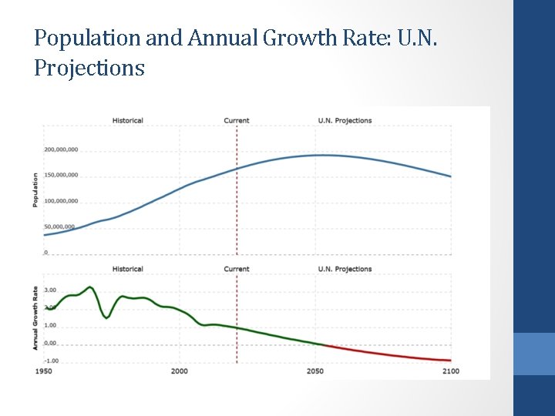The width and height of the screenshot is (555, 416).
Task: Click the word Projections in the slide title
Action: point(89,68)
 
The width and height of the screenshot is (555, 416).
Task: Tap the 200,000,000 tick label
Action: point(61,149)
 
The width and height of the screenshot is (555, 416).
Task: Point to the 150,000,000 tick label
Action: point(61,175)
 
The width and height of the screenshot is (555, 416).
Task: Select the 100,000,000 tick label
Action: point(61,201)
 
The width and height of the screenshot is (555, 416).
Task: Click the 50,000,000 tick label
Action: point(59,226)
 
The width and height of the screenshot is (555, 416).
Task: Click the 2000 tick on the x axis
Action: point(179,371)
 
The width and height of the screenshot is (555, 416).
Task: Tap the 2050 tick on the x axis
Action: point(314,371)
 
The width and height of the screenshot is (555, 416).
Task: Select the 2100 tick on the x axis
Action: point(450,371)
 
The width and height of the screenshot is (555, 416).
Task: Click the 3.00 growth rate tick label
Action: point(50,290)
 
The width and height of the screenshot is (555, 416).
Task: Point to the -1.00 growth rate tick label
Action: point(49,361)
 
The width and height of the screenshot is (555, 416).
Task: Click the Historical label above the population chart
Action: point(127,120)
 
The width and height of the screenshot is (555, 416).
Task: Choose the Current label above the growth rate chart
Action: point(237,269)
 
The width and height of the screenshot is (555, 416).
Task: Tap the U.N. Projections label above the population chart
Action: point(345,120)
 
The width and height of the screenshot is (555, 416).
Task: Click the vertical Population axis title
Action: point(35,190)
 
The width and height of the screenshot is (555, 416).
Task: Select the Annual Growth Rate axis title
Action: point(35,317)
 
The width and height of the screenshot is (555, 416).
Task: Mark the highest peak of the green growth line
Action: point(90,287)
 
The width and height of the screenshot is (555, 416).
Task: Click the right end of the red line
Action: point(450,361)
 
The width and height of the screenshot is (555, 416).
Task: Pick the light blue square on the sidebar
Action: point(534,354)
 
